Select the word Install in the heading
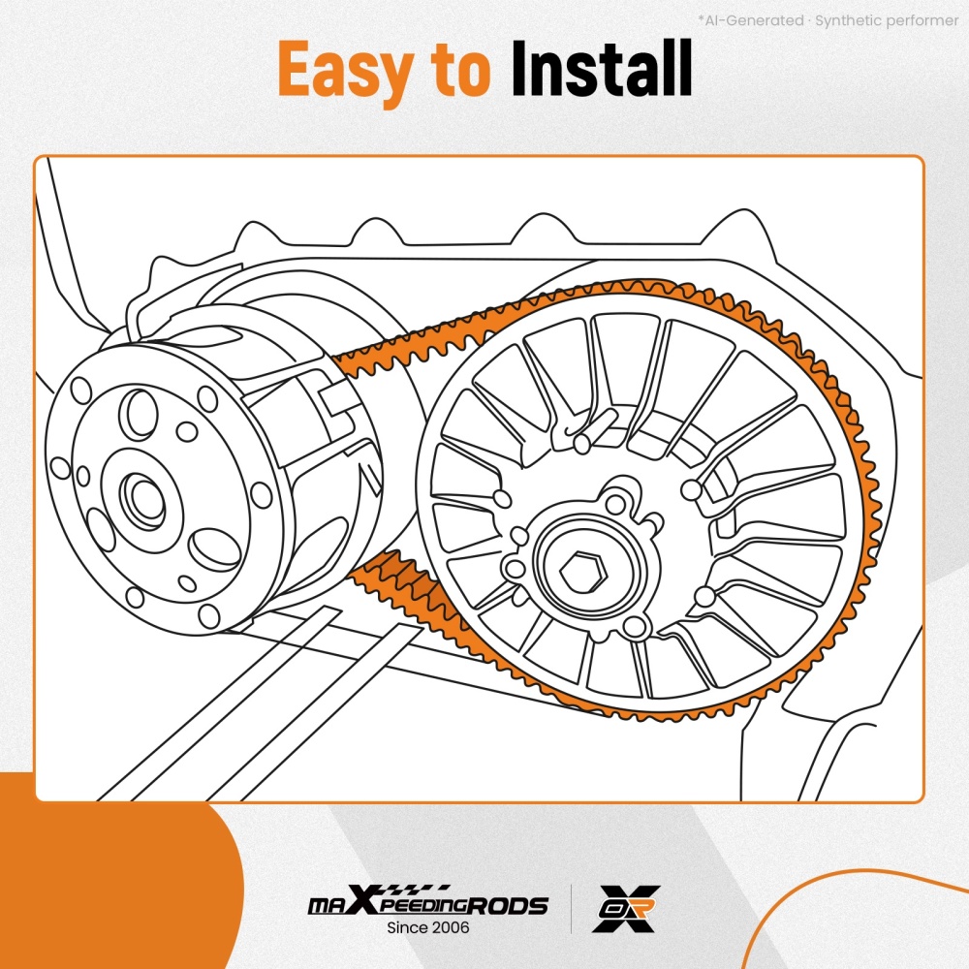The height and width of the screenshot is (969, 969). pos(602,68)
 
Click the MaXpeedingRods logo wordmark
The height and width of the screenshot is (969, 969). pos(428,901)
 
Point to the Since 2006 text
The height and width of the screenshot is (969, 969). pos(428,927)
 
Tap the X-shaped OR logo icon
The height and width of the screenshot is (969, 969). pos(627,909)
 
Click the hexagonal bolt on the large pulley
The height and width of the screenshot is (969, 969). pos(582,570)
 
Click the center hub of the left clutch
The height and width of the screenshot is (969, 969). pos(144,499)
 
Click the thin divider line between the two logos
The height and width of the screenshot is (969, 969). pos(571,909)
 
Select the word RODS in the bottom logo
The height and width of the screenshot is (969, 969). pos(507,906)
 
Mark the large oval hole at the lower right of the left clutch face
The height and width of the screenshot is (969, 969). pos(214,549)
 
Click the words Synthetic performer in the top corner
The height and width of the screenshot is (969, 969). pos(887,20)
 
